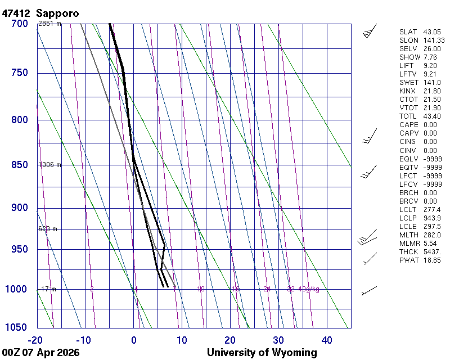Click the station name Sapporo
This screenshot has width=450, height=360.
point(58,13)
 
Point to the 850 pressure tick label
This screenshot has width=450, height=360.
point(20,165)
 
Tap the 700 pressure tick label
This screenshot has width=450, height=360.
point(20,24)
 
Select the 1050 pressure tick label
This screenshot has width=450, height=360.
point(17,328)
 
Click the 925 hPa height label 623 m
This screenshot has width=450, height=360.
point(48,229)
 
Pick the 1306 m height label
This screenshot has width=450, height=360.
point(49,165)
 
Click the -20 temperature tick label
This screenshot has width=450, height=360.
point(35,340)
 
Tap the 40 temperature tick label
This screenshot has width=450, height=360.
point(327,340)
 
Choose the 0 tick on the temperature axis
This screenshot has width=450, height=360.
point(134,340)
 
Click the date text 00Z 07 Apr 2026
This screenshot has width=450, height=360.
point(40,353)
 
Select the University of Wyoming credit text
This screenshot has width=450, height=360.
point(262,353)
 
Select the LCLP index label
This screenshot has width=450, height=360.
point(409,218)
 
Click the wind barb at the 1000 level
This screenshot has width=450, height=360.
point(369,290)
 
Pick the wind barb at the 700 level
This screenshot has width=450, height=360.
point(370,31)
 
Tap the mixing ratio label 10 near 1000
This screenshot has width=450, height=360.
point(201,289)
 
